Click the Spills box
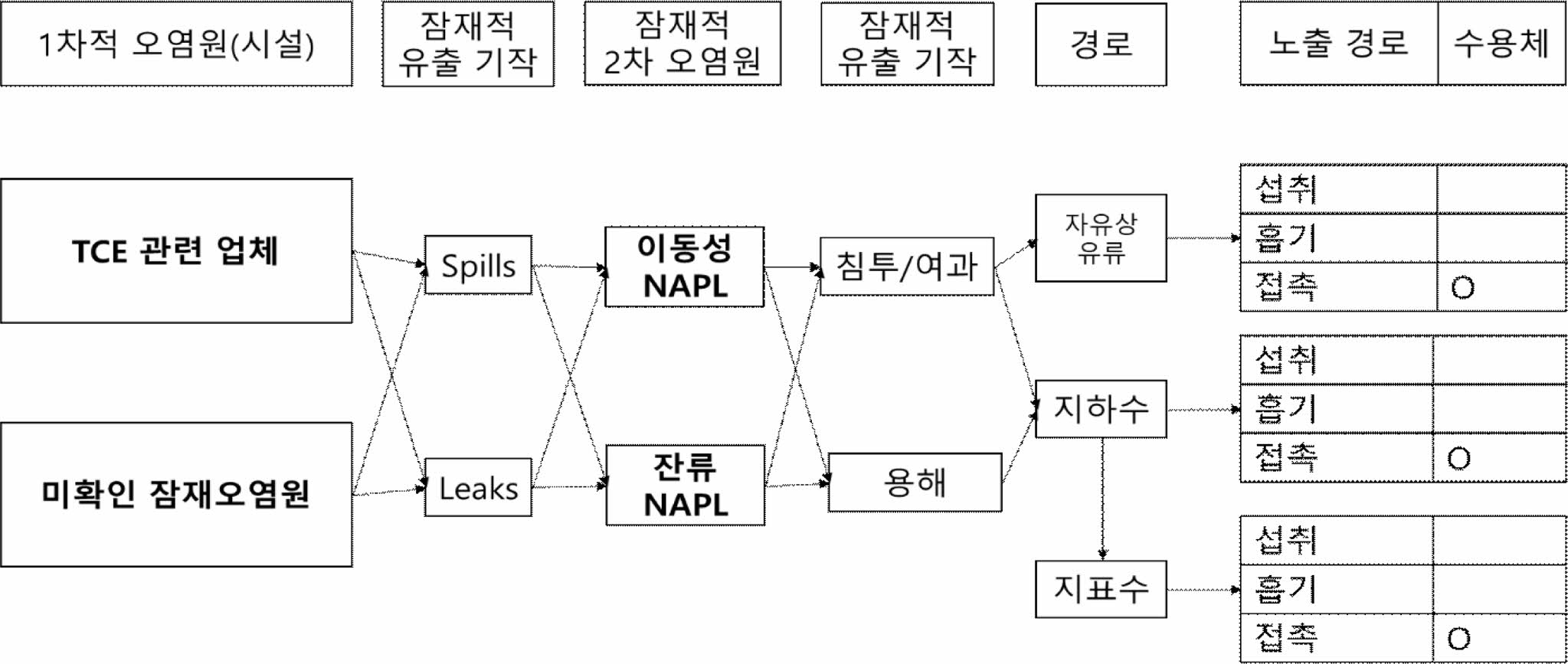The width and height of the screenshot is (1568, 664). click(478, 265)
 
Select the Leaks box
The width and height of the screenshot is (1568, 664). click(478, 487)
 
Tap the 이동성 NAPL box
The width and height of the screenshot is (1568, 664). click(684, 267)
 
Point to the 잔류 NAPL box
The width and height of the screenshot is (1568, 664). click(685, 485)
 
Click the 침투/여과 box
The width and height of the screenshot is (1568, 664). click(906, 267)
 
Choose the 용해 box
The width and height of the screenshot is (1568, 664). click(915, 482)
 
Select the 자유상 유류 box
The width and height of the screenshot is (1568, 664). click(1101, 238)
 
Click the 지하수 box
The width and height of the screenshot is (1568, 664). click(1101, 409)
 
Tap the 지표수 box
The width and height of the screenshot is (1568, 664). click(1101, 589)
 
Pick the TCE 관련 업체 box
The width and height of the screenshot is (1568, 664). click(176, 251)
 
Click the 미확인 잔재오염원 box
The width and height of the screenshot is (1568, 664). click(176, 494)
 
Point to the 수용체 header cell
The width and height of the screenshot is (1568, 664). click(1501, 43)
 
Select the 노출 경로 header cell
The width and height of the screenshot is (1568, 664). click(1338, 43)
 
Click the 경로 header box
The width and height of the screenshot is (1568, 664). click(1101, 44)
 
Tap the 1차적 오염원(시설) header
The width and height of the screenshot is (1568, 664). click(176, 44)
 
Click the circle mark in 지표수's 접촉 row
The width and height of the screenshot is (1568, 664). click(1458, 639)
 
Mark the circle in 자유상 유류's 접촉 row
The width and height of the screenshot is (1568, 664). click(1462, 288)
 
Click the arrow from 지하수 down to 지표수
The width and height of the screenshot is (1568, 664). click(1102, 498)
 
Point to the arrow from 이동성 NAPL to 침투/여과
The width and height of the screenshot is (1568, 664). click(791, 267)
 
